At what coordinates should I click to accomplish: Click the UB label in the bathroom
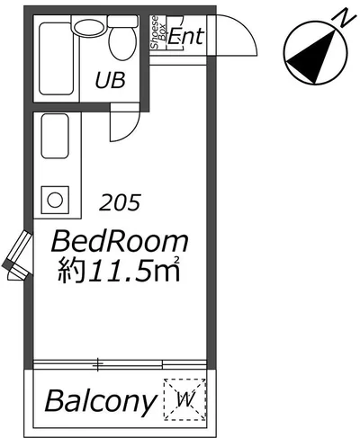(x=110, y=80)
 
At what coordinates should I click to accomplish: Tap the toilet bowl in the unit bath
(x=121, y=42)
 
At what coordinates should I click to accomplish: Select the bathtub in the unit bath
(x=57, y=58)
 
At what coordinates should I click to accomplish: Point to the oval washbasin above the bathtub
(x=88, y=29)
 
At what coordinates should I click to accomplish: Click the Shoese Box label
(x=158, y=31)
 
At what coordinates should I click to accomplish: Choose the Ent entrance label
(x=186, y=37)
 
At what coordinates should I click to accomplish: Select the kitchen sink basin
(x=55, y=136)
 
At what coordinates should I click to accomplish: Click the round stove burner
(x=55, y=200)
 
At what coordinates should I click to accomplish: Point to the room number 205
(x=120, y=202)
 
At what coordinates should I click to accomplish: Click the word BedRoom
(x=120, y=241)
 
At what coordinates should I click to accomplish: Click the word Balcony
(x=101, y=401)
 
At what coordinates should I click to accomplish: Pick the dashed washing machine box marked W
(x=184, y=400)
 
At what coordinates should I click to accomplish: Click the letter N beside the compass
(x=343, y=18)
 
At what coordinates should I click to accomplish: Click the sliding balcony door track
(x=120, y=364)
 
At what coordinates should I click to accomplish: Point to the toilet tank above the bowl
(x=123, y=21)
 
